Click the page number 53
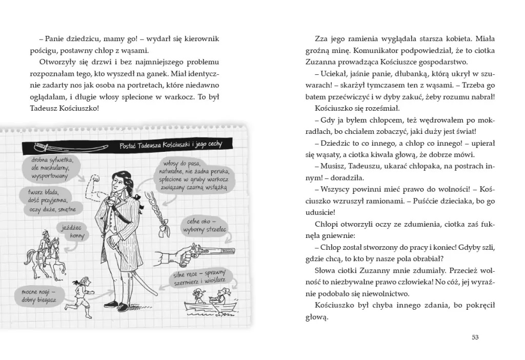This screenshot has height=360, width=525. click(x=474, y=337)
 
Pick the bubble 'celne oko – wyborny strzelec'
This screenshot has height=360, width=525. click(x=205, y=226)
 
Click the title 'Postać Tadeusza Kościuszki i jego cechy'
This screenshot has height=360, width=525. click(x=170, y=145)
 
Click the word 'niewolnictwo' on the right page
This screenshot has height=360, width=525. click(x=387, y=294)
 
